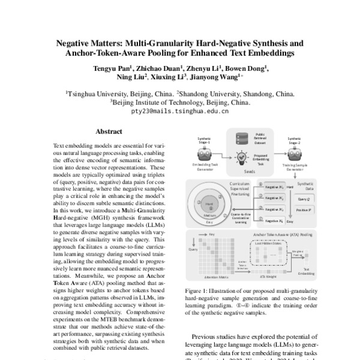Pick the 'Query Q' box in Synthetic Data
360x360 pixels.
[304, 199]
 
